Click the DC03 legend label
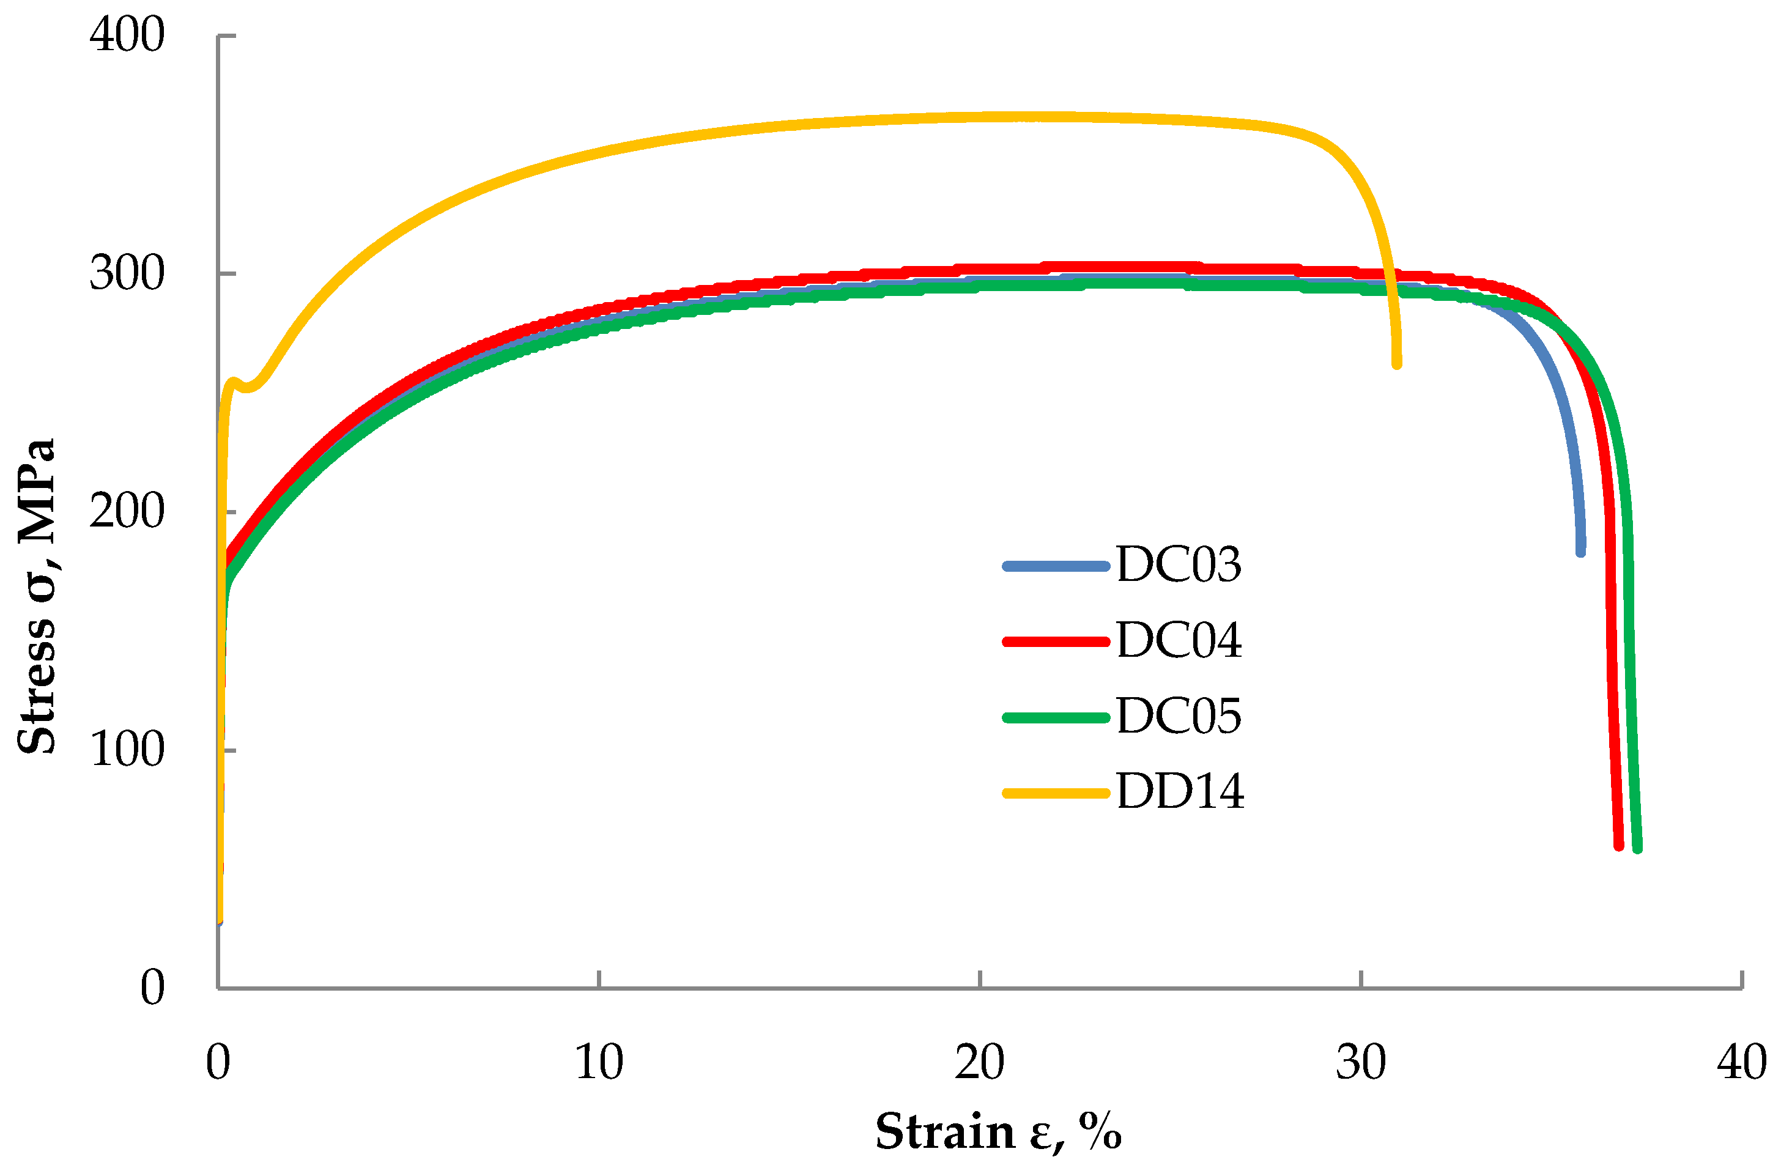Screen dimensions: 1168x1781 pyautogui.click(x=1179, y=565)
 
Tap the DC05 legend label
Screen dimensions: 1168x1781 pyautogui.click(x=1179, y=716)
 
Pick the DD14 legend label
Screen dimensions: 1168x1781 pyautogui.click(x=1180, y=792)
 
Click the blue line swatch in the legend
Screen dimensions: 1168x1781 pyautogui.click(x=1056, y=566)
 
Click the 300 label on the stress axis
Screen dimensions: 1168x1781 pyautogui.click(x=127, y=273)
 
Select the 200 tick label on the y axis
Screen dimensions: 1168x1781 pyautogui.click(x=127, y=512)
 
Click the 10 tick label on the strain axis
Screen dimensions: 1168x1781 pyautogui.click(x=599, y=1062)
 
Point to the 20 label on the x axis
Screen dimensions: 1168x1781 pyautogui.click(x=980, y=1062)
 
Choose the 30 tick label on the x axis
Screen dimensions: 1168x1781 pyautogui.click(x=1360, y=1062)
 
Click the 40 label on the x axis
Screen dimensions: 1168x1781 pyautogui.click(x=1742, y=1062)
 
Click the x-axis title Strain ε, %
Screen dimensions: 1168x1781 pyautogui.click(x=998, y=1131)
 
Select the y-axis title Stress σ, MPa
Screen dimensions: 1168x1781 pyautogui.click(x=36, y=596)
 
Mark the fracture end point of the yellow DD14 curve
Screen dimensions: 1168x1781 pyautogui.click(x=1397, y=364)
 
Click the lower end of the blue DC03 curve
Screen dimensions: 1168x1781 pyautogui.click(x=1580, y=552)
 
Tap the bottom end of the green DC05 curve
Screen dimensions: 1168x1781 pyautogui.click(x=1637, y=848)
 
